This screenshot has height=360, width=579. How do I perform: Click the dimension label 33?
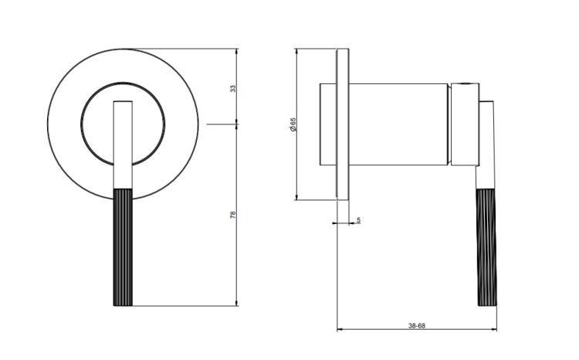point(232,89)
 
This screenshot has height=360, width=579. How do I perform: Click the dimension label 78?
point(232,215)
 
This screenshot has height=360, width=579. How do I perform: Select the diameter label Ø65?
point(293,125)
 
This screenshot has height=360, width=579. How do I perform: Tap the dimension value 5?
point(358,220)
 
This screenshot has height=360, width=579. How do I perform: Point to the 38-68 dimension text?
point(417,326)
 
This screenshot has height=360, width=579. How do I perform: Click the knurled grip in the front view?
point(123,247)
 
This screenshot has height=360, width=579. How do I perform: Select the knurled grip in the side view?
point(487,247)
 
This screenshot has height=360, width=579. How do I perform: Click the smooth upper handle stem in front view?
point(123,145)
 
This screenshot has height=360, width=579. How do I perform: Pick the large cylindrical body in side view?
point(398,124)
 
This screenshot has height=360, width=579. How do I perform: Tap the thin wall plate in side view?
point(343,124)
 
